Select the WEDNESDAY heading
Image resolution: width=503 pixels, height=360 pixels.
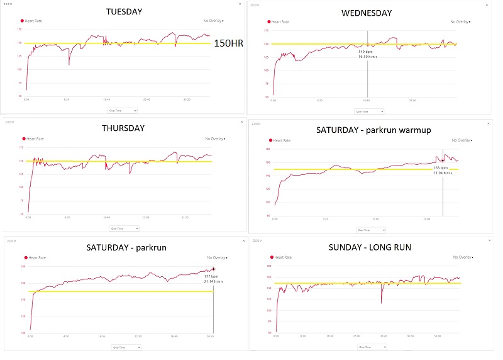coord(367,13)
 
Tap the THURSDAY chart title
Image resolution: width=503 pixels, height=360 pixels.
coord(124,128)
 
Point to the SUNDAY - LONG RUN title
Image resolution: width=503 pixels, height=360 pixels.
coord(371,247)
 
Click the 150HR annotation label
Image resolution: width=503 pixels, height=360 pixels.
coord(229,44)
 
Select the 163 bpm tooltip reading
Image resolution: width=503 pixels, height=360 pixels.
coord(439,168)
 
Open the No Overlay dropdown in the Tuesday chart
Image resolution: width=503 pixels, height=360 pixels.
coord(216,20)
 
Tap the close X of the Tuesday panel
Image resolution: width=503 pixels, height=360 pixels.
coord(240,4)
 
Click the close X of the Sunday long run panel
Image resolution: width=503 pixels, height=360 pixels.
coord(489,240)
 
